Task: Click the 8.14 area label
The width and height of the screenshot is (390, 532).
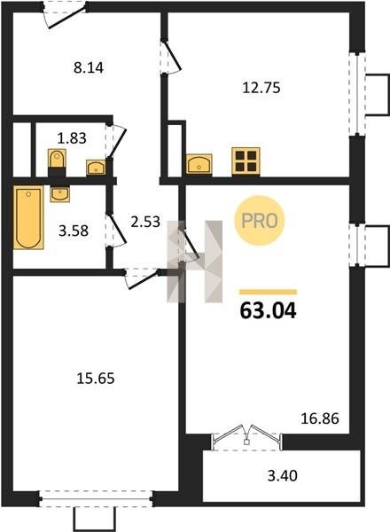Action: pos(89,67)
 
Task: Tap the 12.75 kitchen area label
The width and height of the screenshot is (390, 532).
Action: pos(261,88)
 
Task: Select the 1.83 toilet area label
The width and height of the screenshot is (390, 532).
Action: pos(72,138)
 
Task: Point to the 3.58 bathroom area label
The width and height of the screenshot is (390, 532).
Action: pos(74,231)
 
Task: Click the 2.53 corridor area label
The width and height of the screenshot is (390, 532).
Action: pos(145,222)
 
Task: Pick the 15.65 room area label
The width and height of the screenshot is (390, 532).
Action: pos(96,379)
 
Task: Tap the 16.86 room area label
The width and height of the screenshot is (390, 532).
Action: pos(320,419)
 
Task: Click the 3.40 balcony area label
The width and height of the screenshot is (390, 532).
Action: pos(282,475)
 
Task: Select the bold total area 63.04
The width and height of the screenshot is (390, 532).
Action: pos(268,310)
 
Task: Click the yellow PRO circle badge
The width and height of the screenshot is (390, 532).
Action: pos(260,221)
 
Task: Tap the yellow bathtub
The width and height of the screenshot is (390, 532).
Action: pos(28,217)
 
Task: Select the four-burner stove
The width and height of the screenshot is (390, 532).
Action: pos(246,161)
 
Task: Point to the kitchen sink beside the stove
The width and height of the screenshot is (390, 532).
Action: pos(199,164)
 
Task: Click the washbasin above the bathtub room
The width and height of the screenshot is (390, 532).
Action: pos(60,194)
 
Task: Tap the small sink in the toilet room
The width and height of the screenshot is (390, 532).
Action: pos(97,168)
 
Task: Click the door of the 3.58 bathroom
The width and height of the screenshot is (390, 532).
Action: pos(115,229)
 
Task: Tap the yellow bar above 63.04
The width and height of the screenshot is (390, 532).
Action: pos(268,292)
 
